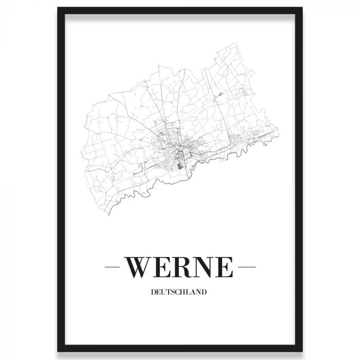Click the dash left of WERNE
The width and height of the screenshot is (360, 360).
112,267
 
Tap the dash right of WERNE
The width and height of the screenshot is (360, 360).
248,267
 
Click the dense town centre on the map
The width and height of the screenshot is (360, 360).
177,149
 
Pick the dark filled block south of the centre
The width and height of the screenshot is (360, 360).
179,165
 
